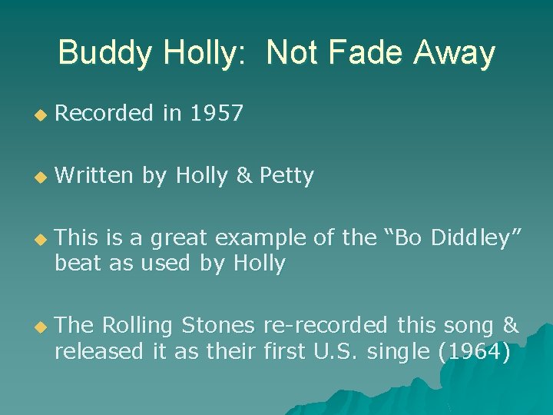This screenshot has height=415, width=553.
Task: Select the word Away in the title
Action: point(454,53)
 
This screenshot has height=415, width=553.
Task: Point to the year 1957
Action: point(216,114)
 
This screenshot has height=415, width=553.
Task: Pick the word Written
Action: point(94,176)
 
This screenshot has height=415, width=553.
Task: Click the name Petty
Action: point(286,176)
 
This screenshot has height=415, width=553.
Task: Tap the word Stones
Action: point(219,326)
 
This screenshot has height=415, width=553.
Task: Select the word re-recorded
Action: point(325,326)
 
